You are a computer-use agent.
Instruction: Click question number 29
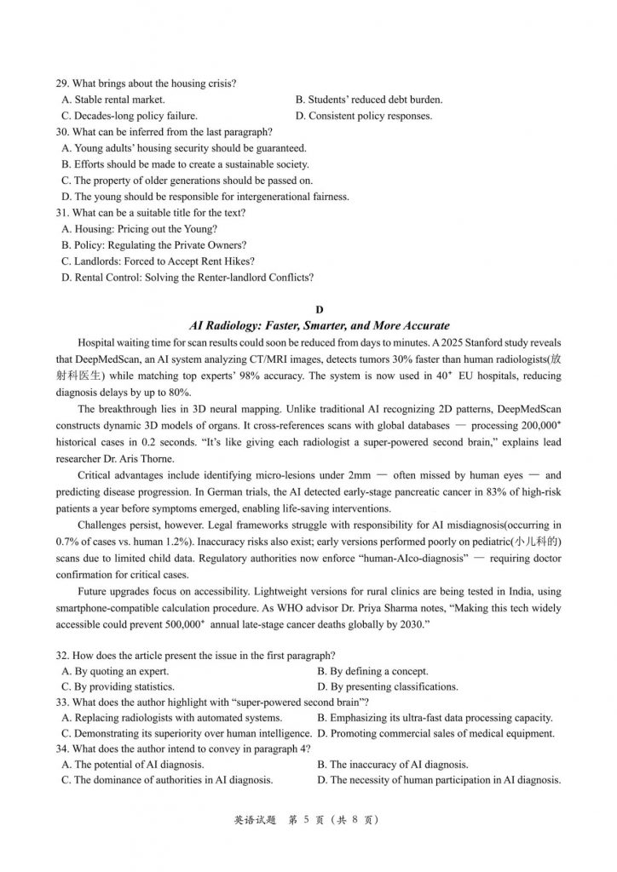(x=62, y=83)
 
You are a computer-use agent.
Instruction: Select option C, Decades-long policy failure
(x=130, y=116)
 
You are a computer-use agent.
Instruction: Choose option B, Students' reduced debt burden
(x=368, y=100)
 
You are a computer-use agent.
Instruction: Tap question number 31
(x=62, y=213)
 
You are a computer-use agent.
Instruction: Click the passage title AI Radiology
(x=319, y=326)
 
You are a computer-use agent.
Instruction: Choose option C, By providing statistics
(x=118, y=686)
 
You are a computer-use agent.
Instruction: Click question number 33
(x=62, y=703)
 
